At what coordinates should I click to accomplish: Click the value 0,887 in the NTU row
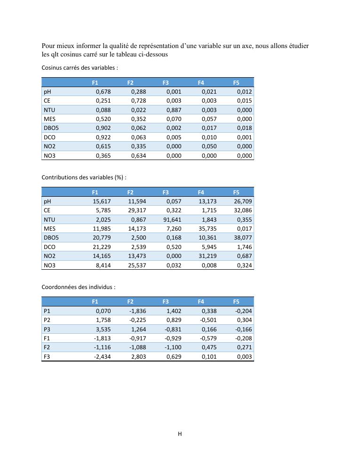tap(174, 110)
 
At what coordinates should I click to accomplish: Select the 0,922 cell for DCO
tap(104, 137)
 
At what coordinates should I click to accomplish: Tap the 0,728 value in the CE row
tap(138, 101)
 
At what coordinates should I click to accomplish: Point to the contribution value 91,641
tap(172, 219)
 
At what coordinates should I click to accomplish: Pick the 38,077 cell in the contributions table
tap(243, 237)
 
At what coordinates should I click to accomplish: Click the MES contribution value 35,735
tap(208, 228)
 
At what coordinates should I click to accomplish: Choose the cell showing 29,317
tap(136, 210)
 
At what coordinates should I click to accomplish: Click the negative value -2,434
tap(102, 357)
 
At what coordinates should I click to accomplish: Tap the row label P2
tap(47, 321)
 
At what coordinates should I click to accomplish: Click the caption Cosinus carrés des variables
tap(80, 68)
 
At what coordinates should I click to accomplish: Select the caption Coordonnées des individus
tap(78, 287)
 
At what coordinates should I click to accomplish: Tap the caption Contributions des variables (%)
tap(84, 177)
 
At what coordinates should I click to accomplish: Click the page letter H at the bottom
tap(180, 434)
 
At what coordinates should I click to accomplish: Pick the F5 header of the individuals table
tap(236, 302)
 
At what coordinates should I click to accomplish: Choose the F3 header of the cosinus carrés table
tap(166, 82)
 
